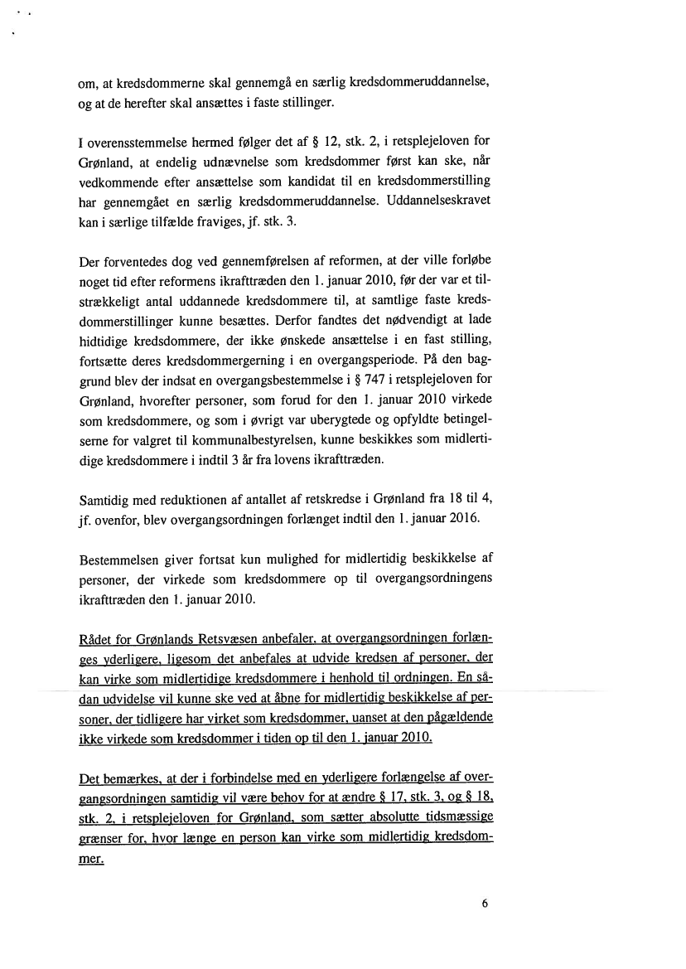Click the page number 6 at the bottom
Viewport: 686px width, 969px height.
[485, 904]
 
